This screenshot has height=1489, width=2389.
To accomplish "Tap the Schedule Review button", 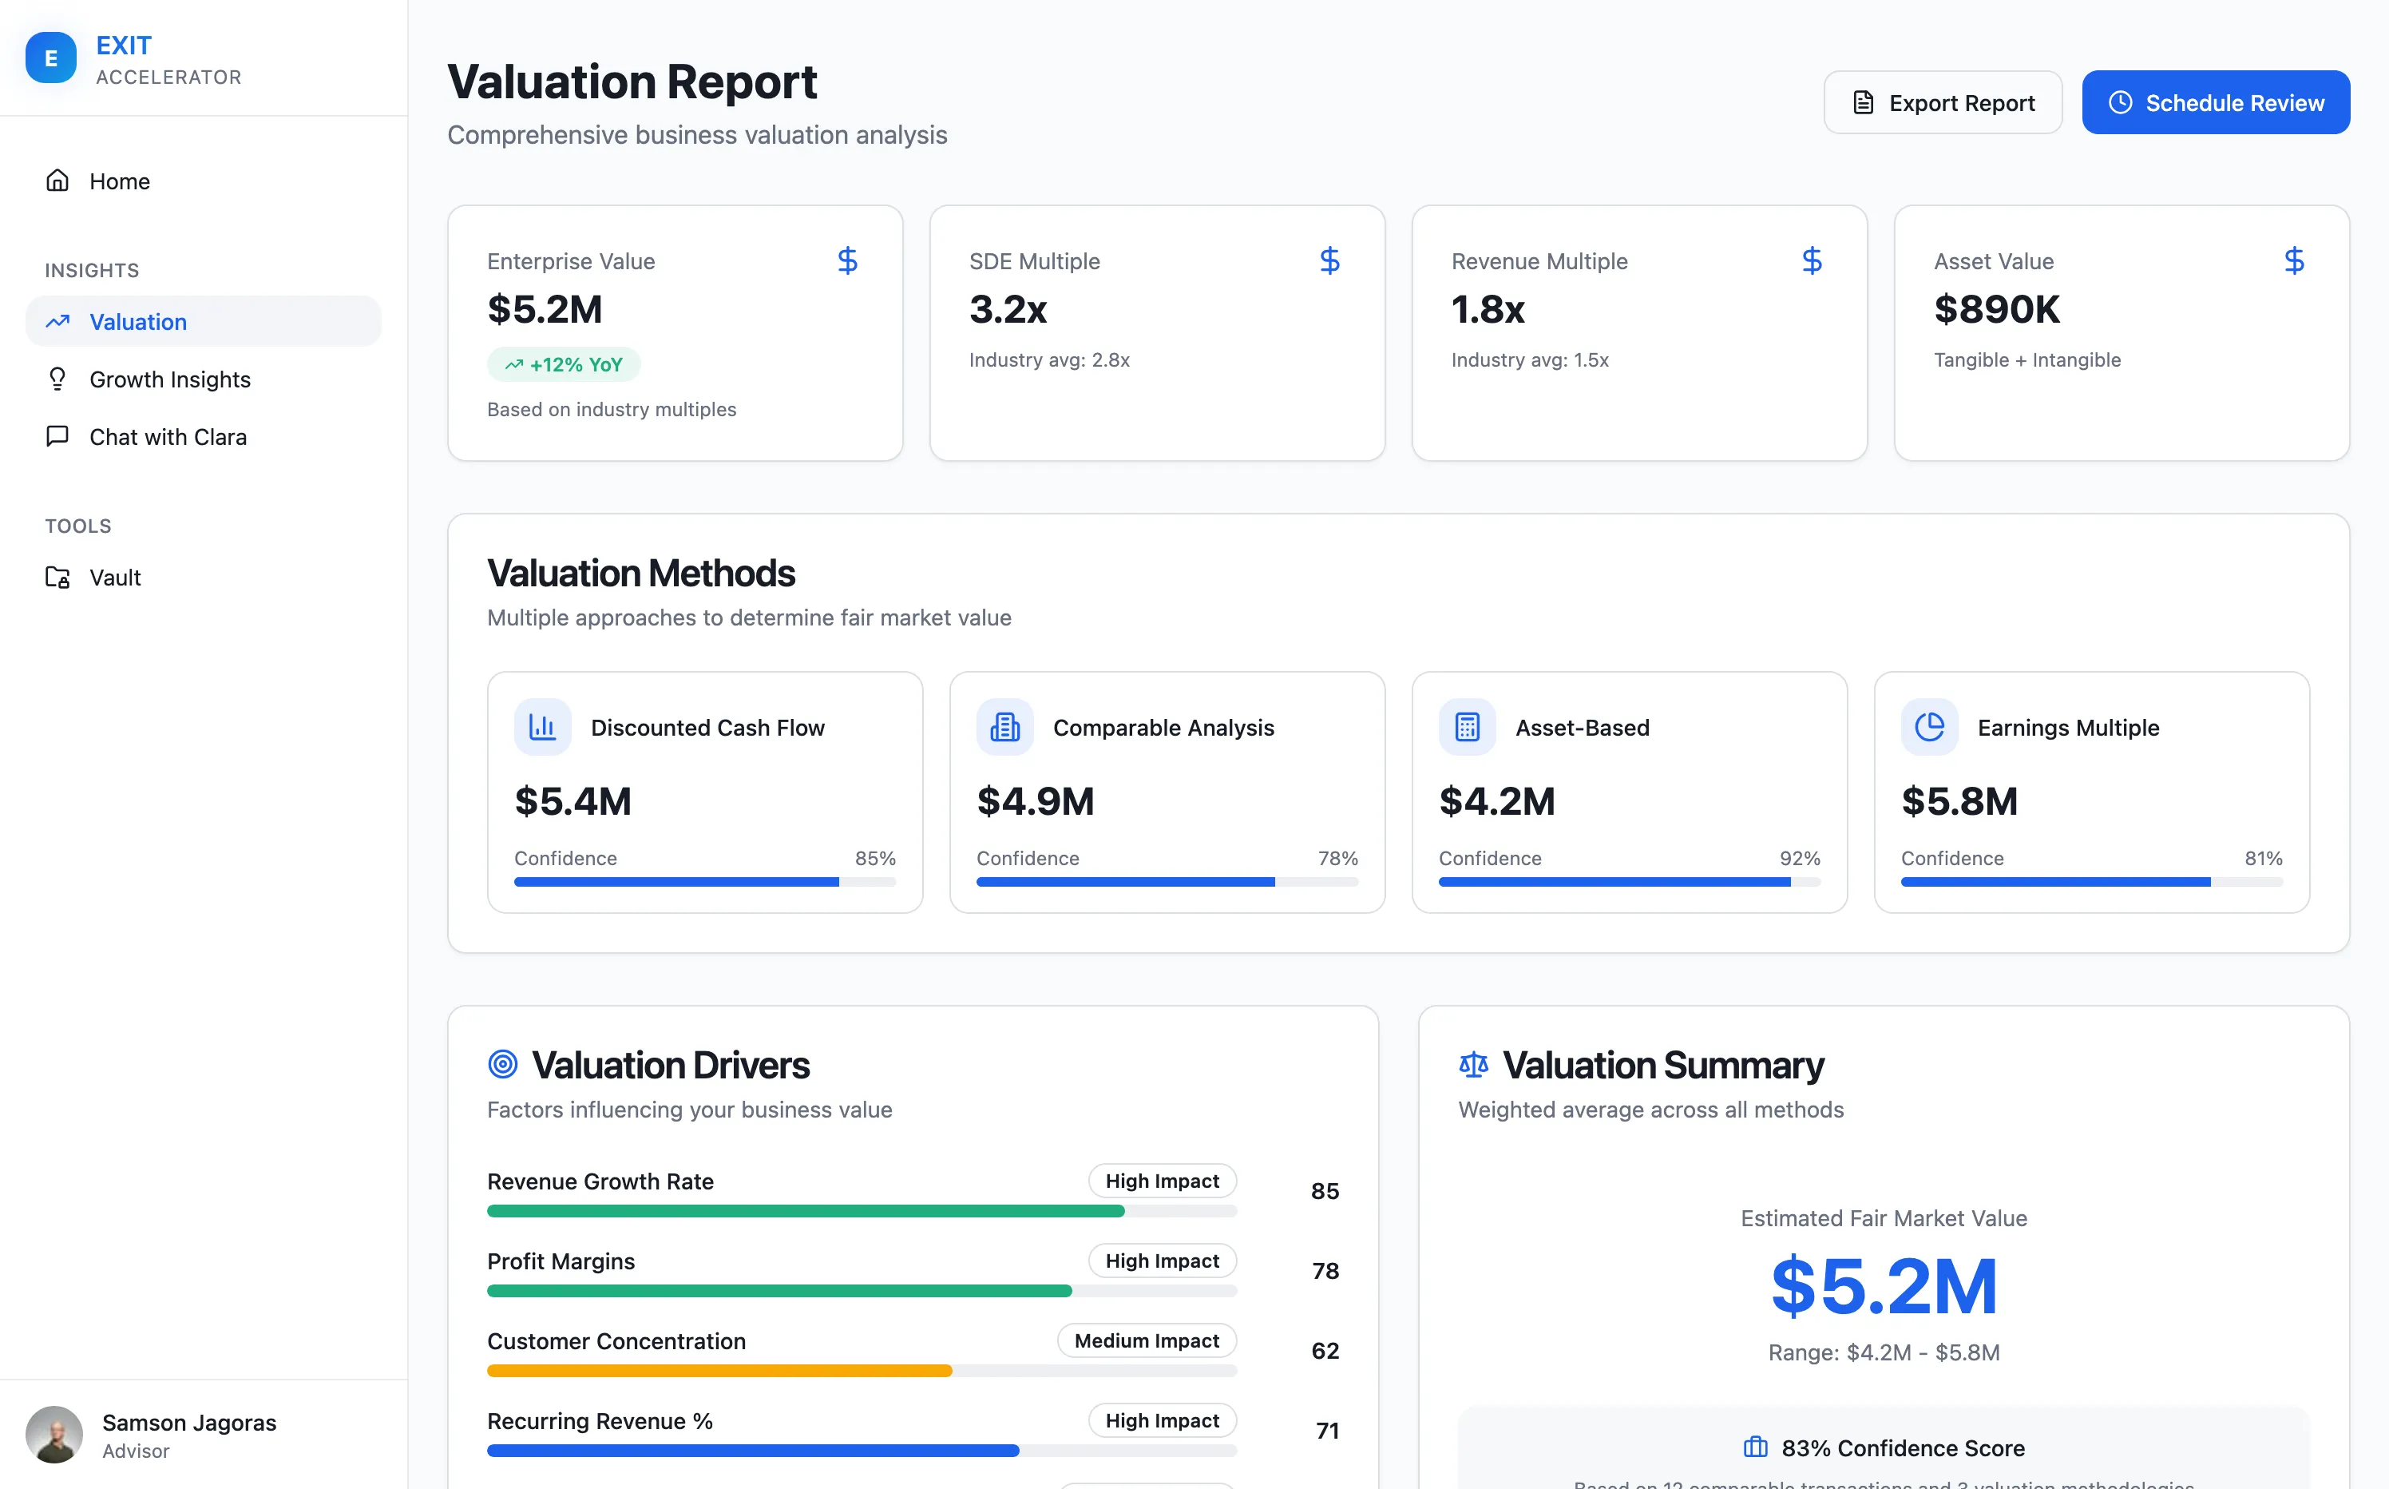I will pos(2215,102).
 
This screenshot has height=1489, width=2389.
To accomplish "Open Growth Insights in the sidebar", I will pos(169,379).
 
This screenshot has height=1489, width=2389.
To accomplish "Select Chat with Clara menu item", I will pos(168,436).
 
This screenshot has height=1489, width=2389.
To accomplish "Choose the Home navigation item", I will pos(119,181).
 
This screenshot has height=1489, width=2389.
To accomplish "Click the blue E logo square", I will pos(51,58).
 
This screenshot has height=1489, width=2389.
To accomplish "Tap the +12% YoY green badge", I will pos(563,364).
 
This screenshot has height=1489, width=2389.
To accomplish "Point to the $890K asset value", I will pos(1995,309).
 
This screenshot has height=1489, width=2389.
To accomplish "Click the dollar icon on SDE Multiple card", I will pos(1329,261).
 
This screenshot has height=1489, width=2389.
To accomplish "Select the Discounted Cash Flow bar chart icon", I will pos(542,727).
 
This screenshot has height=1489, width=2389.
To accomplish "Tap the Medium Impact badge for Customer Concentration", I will pos(1146,1340).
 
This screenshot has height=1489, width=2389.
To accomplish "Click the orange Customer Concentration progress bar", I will pos(719,1371).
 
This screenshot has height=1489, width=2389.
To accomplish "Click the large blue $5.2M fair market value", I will pos(1883,1285).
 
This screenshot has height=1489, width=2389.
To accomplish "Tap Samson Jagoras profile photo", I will pos(54,1434).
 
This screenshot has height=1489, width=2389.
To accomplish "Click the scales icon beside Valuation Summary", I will pos(1472,1065).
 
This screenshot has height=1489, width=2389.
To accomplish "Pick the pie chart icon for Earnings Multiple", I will pos(1928,727).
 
